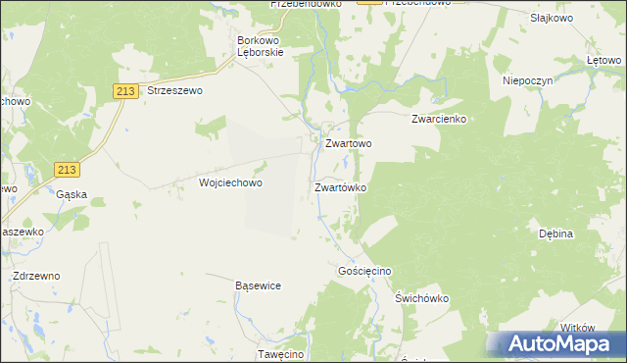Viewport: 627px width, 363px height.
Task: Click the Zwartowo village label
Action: pyautogui.click(x=348, y=143)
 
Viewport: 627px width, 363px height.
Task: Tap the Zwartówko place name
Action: pyautogui.click(x=340, y=186)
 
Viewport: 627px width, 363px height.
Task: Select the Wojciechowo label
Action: pyautogui.click(x=231, y=182)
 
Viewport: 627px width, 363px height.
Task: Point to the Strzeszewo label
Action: pyautogui.click(x=173, y=90)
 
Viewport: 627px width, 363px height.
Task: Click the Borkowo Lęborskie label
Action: pyautogui.click(x=261, y=47)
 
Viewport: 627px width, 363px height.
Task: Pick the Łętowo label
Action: pyautogui.click(x=603, y=61)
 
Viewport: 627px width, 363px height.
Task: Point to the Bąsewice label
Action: pyautogui.click(x=259, y=285)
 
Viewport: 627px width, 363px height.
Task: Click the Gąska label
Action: pyautogui.click(x=72, y=194)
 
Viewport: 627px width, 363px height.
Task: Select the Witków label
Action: pyautogui.click(x=577, y=328)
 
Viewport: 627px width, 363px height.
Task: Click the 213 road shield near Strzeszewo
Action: pyautogui.click(x=123, y=91)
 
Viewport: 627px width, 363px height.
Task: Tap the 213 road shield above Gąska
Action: pyautogui.click(x=67, y=170)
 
